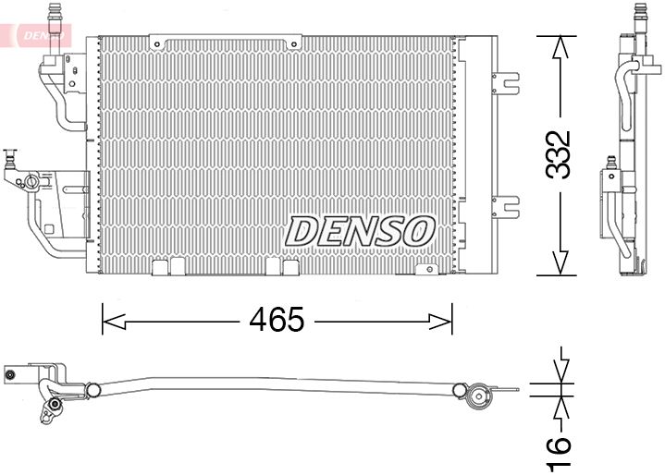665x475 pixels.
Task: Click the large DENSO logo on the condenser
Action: [361, 231]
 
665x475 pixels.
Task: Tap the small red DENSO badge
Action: [39, 35]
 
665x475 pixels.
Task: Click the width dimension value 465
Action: [277, 321]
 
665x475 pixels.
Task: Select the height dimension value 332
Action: [558, 154]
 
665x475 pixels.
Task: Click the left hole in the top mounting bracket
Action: [159, 43]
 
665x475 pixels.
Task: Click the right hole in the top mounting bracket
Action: [293, 43]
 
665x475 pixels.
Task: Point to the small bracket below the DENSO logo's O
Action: [426, 269]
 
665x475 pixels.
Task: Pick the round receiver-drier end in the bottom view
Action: [478, 398]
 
